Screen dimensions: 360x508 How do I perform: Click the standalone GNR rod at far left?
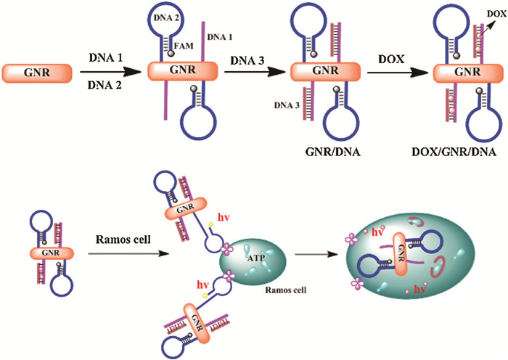37,73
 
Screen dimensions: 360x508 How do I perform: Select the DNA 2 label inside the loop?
165,16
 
